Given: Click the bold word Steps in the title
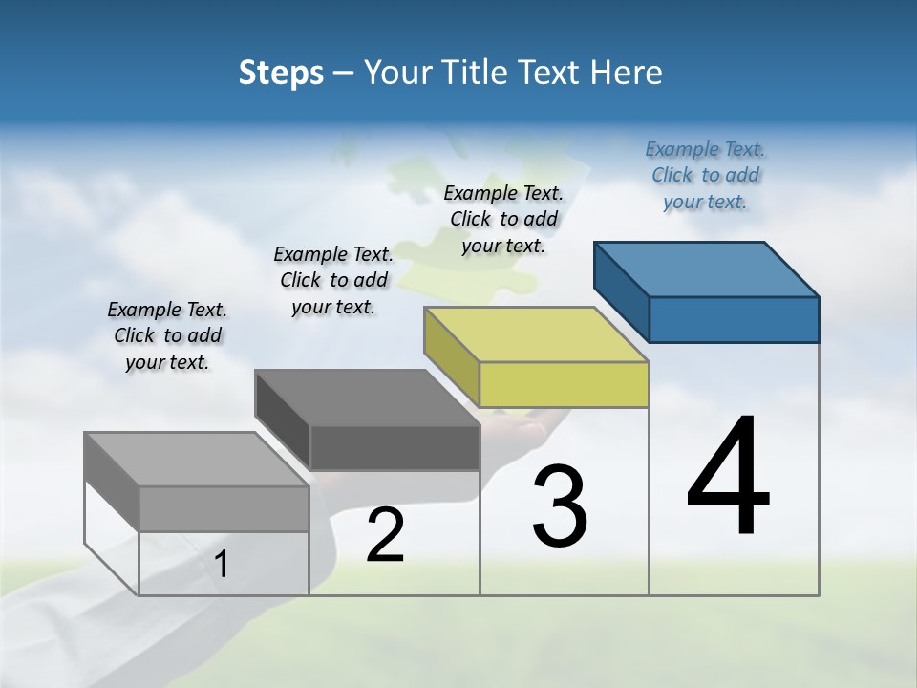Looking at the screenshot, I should click(x=281, y=73).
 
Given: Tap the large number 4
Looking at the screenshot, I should click(x=728, y=478).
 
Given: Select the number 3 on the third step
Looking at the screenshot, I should click(x=560, y=506).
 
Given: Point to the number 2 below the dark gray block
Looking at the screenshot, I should click(x=385, y=535).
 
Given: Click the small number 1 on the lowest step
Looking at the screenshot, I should click(x=222, y=565).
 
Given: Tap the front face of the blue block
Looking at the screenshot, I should click(x=734, y=319).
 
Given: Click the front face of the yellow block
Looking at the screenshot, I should click(x=564, y=384).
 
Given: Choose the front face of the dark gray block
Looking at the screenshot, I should click(x=394, y=447).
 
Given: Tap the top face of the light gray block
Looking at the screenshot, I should click(x=197, y=460).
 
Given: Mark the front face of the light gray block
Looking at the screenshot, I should click(x=224, y=508).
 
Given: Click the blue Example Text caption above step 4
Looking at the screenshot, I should click(x=705, y=175).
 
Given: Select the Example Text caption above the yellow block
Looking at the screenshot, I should click(x=503, y=219).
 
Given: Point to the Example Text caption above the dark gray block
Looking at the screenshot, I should click(x=333, y=280).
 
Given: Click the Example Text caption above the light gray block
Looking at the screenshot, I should click(x=167, y=335).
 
